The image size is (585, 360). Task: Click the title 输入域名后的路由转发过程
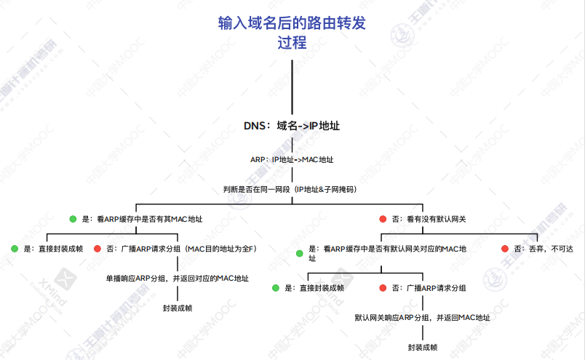pyautogui.click(x=292, y=33)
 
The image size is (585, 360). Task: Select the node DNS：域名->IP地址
pyautogui.click(x=292, y=125)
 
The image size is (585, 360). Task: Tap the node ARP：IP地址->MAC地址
pyautogui.click(x=292, y=159)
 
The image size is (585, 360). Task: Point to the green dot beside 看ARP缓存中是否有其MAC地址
pyautogui.click(x=73, y=219)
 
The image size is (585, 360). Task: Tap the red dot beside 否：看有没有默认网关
pyautogui.click(x=383, y=219)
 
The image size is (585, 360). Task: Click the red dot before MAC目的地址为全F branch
pyautogui.click(x=97, y=249)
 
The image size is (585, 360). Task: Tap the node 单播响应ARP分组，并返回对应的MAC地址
pyautogui.click(x=178, y=279)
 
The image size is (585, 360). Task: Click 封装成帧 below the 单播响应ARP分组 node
pyautogui.click(x=178, y=308)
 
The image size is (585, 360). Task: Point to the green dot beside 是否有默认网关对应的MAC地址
pyautogui.click(x=299, y=253)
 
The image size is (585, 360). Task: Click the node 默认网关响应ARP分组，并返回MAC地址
pyautogui.click(x=422, y=318)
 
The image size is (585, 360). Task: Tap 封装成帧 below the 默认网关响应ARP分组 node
pyautogui.click(x=423, y=348)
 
